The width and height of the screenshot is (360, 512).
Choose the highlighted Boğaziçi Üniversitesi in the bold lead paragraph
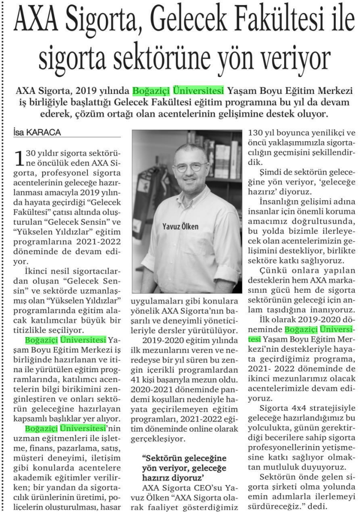[178, 90]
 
